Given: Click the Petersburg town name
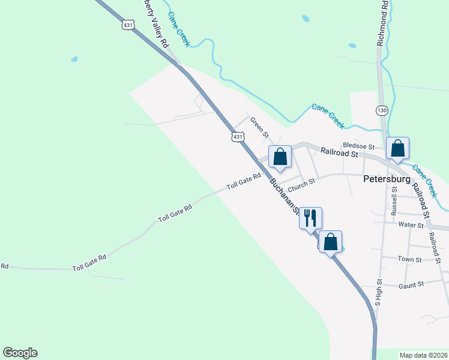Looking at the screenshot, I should [387, 179].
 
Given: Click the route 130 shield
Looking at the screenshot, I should [382, 110].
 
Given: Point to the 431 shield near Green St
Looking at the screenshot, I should [239, 137].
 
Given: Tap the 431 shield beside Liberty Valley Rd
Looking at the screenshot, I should [127, 25].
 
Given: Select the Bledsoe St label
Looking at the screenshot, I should [358, 146].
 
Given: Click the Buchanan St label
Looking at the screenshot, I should [285, 195].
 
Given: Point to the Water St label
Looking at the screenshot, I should [411, 224].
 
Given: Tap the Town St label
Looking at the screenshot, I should [410, 259].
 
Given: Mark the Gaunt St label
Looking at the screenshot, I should [411, 285].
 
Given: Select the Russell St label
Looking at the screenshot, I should [394, 201].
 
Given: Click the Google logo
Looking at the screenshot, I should [20, 353].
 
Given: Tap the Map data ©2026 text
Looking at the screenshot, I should [423, 355].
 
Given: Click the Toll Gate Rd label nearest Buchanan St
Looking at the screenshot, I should [244, 181].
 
